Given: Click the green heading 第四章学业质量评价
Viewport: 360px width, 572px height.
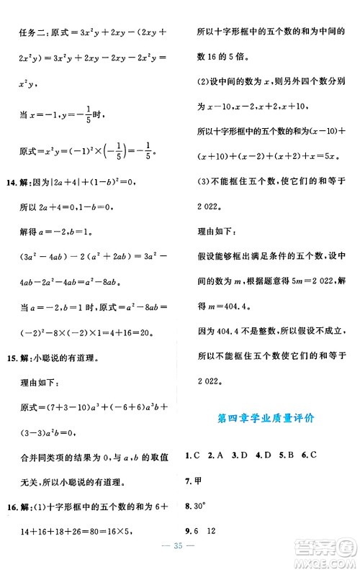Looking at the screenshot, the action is (x=268, y=418).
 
